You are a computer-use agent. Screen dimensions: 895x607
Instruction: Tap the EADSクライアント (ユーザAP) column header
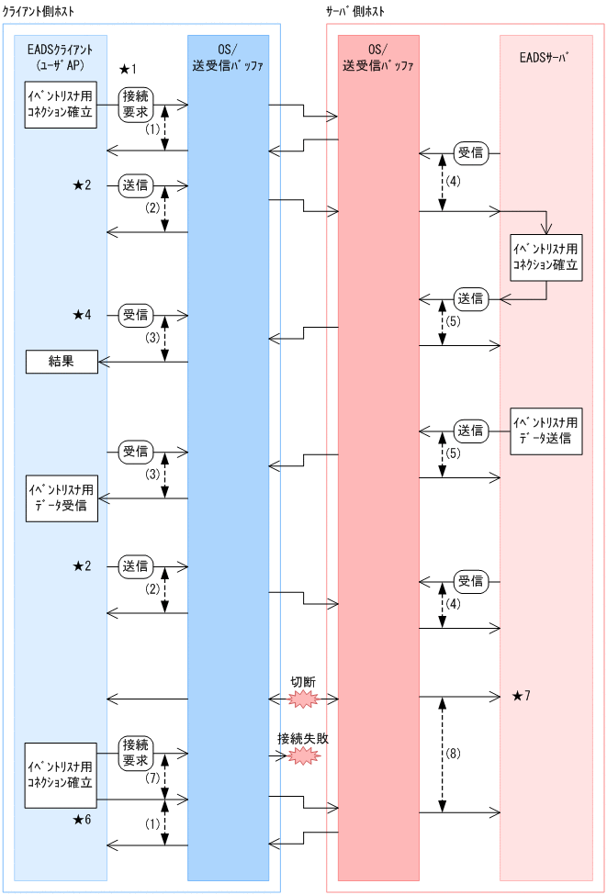coord(61,58)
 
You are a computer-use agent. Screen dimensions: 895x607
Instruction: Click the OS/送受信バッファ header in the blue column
coord(228,58)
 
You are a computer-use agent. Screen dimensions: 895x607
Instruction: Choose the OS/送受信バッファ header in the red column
coord(378,58)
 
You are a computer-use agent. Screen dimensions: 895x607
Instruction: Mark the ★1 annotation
coord(128,70)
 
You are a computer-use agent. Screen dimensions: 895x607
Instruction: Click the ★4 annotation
coord(83,315)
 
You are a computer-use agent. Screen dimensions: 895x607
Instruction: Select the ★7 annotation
coord(521,696)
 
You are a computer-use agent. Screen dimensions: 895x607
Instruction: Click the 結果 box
coord(61,363)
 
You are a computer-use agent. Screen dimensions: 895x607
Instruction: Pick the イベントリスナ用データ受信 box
coord(61,498)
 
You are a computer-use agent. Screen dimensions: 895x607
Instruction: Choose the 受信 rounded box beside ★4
coord(136,315)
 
